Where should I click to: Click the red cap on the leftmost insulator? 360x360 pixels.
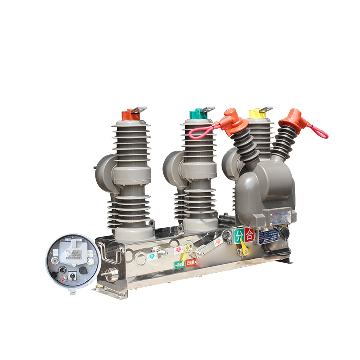click(131, 115)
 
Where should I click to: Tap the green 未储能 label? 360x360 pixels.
click(180, 264)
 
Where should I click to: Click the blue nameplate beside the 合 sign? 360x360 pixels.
click(265, 235)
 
